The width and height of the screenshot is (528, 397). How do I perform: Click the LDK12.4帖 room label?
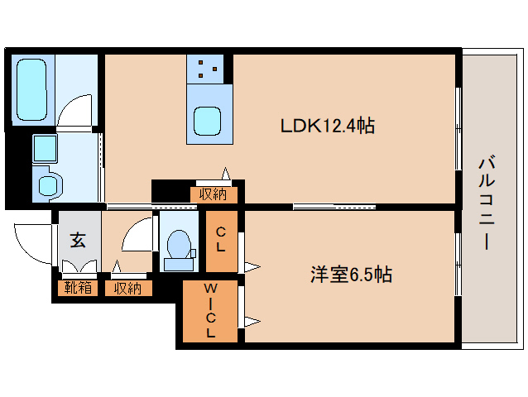coord(328,127)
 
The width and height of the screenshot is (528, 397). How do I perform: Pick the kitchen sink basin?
coord(207,122)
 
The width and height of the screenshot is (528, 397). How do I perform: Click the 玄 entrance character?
coord(78,241)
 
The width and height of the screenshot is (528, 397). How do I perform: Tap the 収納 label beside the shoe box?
coord(128,288)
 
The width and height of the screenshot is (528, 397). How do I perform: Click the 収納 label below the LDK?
coord(213,194)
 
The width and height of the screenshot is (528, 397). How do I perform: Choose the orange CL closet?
coord(222,241)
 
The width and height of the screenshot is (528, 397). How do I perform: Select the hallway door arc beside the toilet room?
coord(137,235)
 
